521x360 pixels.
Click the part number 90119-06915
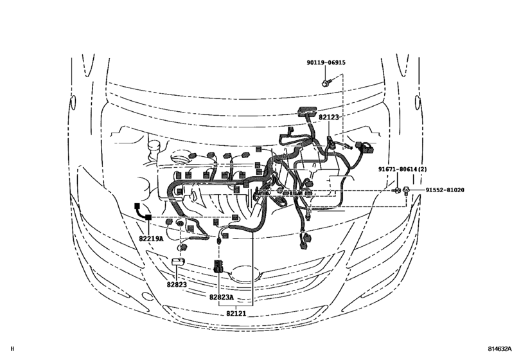click(x=326, y=62)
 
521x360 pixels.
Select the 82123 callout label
click(x=329, y=117)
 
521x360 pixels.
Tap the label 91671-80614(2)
click(x=402, y=169)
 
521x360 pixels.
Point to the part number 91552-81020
click(x=445, y=190)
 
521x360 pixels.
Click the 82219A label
click(x=151, y=239)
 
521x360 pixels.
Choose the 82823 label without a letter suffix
click(x=177, y=285)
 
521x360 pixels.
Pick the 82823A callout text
click(x=222, y=297)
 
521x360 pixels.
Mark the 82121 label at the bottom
click(x=236, y=313)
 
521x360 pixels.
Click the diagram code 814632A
click(x=499, y=348)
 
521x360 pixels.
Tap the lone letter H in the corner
click(x=13, y=348)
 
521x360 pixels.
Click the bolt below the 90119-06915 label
click(x=326, y=82)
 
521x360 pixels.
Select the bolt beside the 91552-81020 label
click(x=406, y=190)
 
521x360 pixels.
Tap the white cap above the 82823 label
click(x=178, y=261)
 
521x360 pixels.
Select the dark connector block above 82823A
click(x=218, y=266)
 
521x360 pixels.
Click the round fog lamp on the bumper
click(x=146, y=296)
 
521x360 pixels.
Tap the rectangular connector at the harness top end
click(x=306, y=111)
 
